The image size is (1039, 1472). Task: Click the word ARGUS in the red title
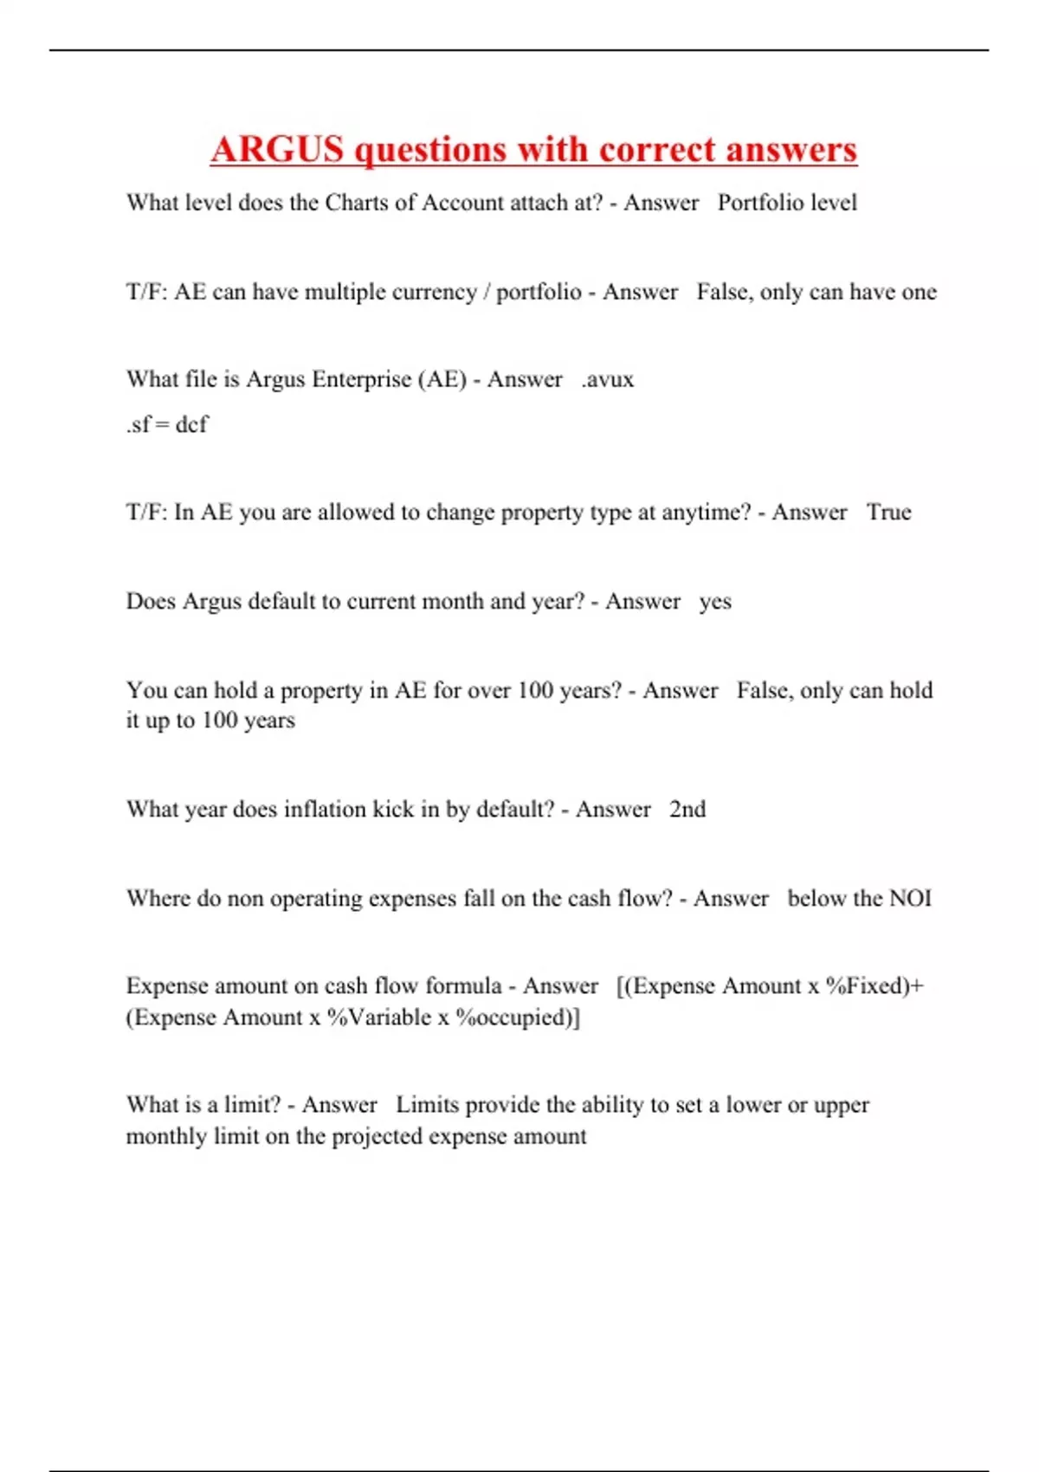(x=277, y=149)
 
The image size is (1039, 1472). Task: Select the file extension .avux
(x=608, y=379)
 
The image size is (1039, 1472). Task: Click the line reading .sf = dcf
(x=167, y=424)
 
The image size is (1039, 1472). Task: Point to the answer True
(x=889, y=512)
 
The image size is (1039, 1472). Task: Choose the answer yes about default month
(x=715, y=601)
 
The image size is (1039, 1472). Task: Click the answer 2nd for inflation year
(x=687, y=809)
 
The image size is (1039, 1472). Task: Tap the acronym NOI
(x=910, y=898)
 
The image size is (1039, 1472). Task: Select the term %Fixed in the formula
(x=866, y=986)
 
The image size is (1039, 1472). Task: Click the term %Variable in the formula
(x=378, y=1017)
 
